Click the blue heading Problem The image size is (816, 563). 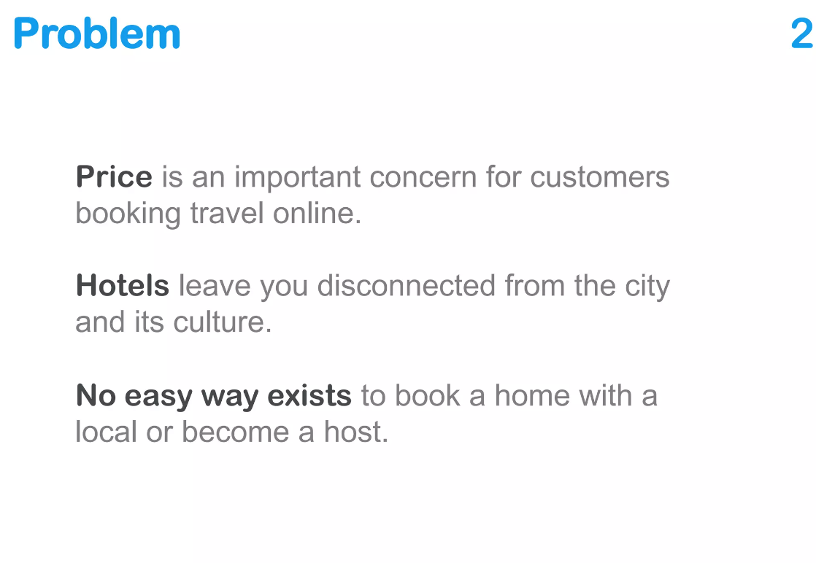(97, 34)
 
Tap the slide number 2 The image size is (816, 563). (801, 34)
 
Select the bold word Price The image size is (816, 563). (114, 177)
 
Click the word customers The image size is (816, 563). (599, 177)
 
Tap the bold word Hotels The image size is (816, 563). (123, 286)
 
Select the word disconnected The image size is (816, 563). (407, 286)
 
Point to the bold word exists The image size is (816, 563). (309, 396)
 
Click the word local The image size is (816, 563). (107, 432)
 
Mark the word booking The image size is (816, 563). (128, 214)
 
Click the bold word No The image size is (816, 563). (96, 396)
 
